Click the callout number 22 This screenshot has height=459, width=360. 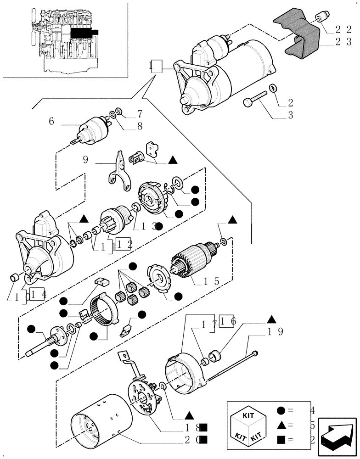pos(343,30)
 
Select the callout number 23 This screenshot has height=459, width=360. pos(343,42)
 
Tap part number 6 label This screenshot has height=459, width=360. pos(51,122)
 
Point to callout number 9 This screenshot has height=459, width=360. pos(86,160)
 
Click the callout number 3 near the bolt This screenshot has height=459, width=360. pos(290,115)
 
